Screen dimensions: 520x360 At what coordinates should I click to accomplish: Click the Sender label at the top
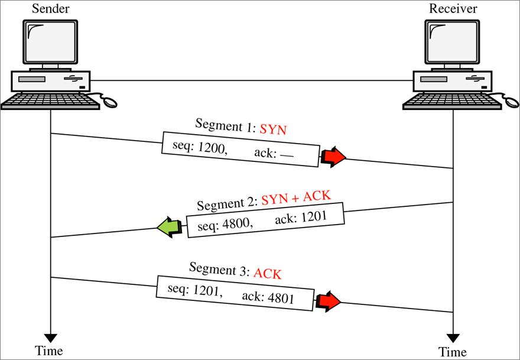click(x=51, y=9)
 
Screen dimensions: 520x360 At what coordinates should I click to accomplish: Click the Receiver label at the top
click(x=453, y=9)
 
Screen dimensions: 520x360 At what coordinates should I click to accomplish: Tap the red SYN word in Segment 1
click(x=273, y=129)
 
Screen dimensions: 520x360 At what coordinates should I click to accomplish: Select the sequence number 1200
click(x=212, y=148)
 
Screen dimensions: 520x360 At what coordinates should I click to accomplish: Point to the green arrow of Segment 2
click(x=170, y=227)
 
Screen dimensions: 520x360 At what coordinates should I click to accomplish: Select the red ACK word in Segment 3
click(x=268, y=274)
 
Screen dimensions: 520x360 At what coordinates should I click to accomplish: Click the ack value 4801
click(x=281, y=299)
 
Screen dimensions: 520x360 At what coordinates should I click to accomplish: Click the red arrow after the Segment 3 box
click(x=329, y=301)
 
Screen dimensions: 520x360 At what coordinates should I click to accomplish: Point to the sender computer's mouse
click(x=110, y=102)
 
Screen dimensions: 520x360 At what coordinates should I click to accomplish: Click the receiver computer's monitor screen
click(x=452, y=43)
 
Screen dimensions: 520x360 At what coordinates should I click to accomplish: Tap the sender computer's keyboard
click(x=50, y=101)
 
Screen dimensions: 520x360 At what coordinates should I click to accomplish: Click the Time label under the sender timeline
click(x=48, y=351)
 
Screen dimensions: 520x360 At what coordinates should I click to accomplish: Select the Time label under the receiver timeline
click(x=453, y=351)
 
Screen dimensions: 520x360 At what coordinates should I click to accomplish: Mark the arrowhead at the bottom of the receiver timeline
click(x=453, y=338)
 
